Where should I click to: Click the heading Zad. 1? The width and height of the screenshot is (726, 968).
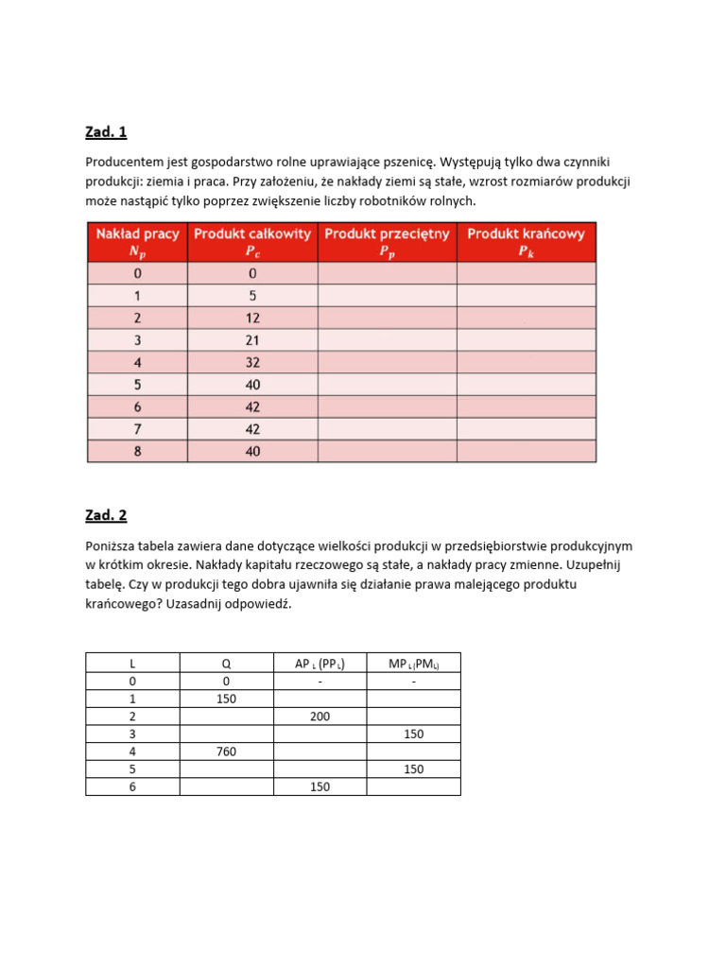[x=106, y=131]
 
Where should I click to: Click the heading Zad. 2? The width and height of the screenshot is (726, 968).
[x=106, y=515]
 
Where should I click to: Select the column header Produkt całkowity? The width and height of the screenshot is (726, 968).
[x=252, y=242]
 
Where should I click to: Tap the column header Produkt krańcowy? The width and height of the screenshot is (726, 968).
[x=526, y=242]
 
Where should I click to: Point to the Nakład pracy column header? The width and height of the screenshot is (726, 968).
[x=138, y=242]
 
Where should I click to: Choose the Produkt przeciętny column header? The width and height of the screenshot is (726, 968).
[x=387, y=242]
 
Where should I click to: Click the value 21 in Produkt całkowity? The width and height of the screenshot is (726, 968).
[x=252, y=340]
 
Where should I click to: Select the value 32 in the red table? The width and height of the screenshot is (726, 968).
[x=252, y=362]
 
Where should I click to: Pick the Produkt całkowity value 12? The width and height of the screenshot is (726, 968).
[x=252, y=318]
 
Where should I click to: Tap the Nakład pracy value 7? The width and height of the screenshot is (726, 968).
[x=138, y=429]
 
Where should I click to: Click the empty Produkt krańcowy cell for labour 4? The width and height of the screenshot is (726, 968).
[x=526, y=362]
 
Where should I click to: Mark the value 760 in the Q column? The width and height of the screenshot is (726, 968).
[x=226, y=752]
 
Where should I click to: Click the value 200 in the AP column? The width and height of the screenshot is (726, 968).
[x=320, y=717]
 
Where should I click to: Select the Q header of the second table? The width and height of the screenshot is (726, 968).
[x=226, y=664]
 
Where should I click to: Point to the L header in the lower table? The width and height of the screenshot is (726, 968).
[x=132, y=664]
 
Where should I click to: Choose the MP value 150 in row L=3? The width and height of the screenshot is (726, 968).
[x=413, y=735]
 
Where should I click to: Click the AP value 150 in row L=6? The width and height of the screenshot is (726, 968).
[x=320, y=786]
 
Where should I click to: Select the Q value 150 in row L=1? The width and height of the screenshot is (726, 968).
[x=226, y=699]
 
